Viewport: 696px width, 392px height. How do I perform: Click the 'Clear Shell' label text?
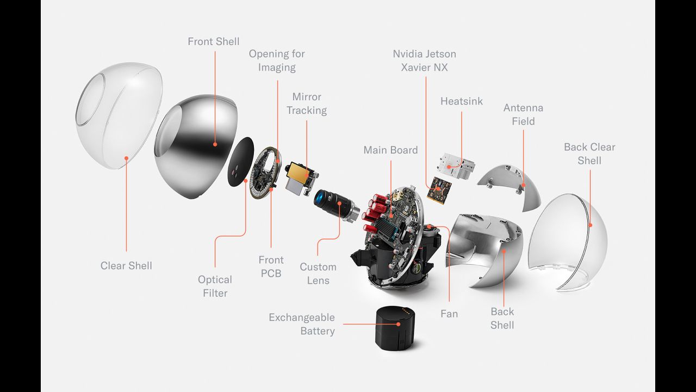click(126, 266)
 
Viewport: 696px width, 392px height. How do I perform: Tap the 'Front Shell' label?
click(213, 41)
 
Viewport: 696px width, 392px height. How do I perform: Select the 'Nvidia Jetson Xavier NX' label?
click(424, 60)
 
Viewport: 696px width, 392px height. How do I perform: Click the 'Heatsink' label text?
click(461, 101)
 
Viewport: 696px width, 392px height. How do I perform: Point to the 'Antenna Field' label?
click(523, 114)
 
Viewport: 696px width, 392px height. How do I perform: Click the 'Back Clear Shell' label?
click(589, 154)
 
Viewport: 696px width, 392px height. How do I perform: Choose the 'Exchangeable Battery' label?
click(302, 324)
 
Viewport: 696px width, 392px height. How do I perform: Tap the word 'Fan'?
click(449, 314)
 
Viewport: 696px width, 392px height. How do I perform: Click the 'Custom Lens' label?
click(318, 273)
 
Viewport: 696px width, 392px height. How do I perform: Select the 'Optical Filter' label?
click(215, 286)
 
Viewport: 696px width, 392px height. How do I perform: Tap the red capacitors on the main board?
click(375, 210)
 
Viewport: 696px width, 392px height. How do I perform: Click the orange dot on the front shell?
click(215, 145)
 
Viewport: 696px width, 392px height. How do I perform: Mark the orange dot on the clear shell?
click(126, 158)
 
